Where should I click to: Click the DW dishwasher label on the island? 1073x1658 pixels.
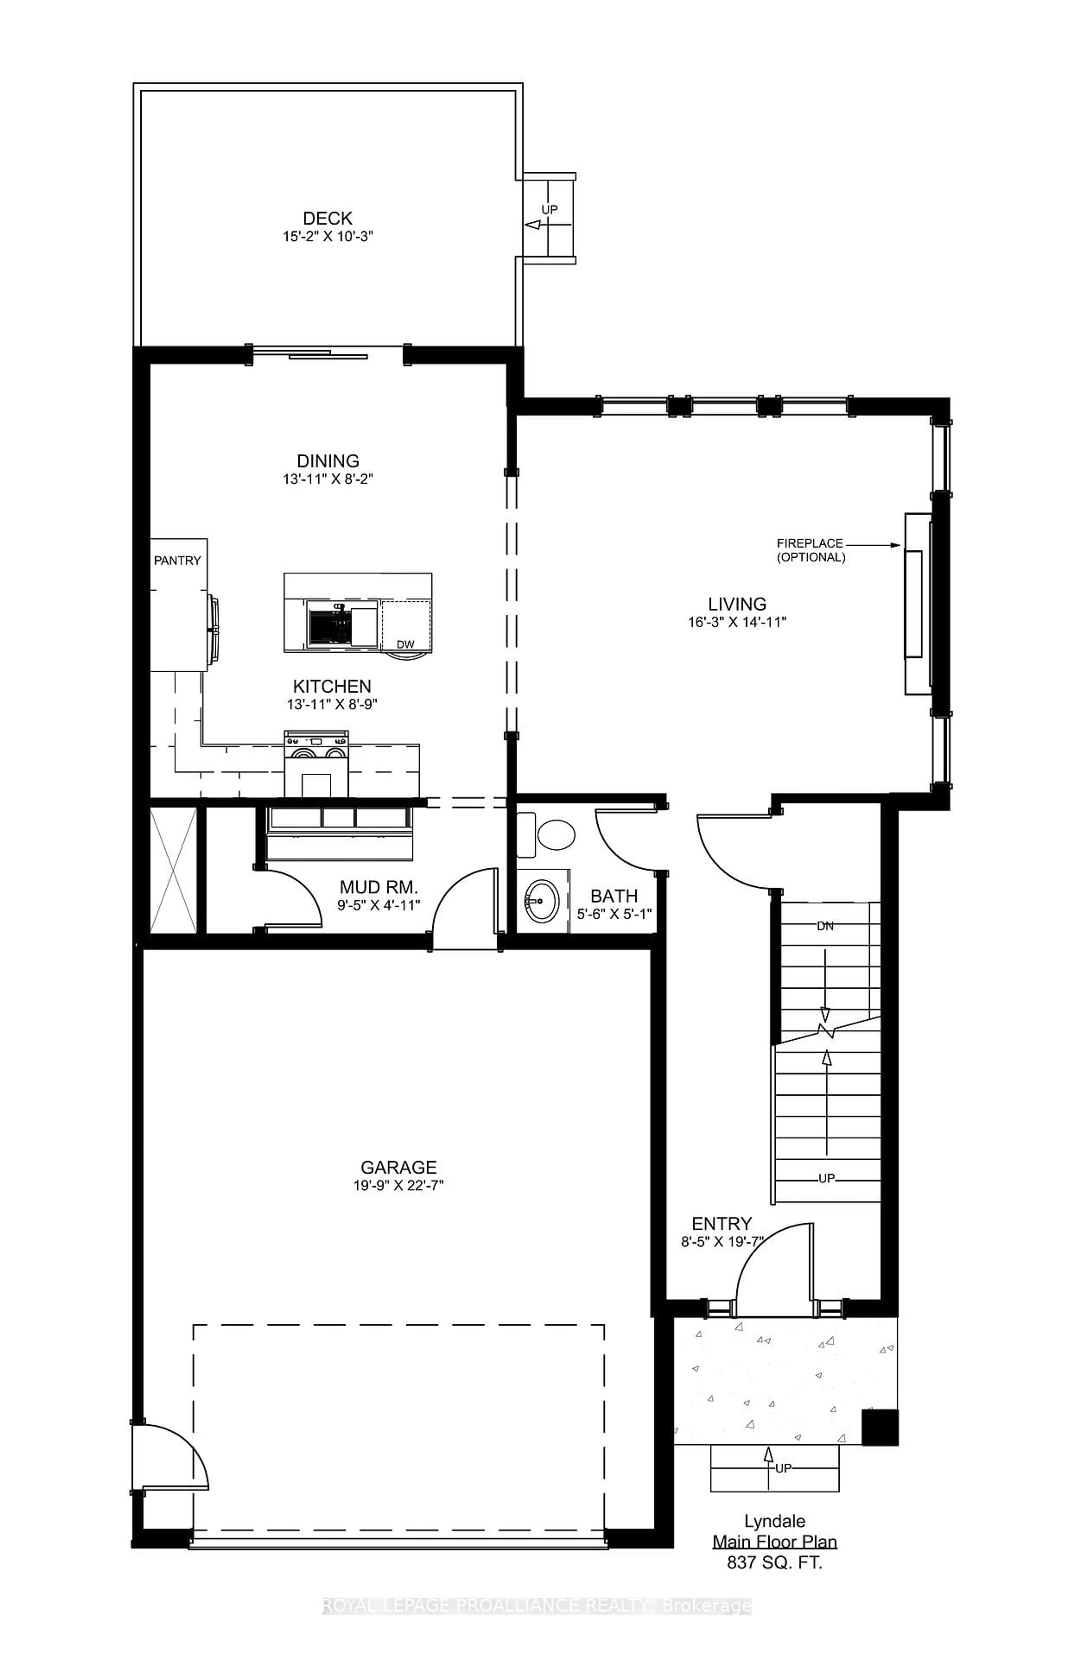coord(405,644)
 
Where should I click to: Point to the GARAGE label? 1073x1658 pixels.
coord(398,1167)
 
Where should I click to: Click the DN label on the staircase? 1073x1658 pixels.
coord(825,926)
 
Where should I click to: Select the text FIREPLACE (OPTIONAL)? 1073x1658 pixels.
coord(810,550)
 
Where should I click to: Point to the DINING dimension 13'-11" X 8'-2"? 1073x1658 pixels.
coord(327,479)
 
